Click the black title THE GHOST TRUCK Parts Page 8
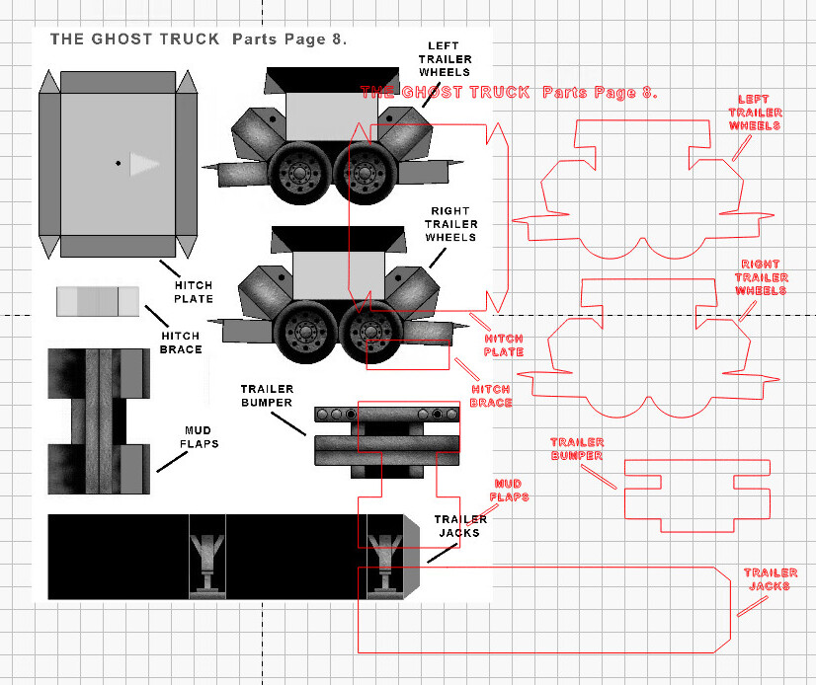click(198, 39)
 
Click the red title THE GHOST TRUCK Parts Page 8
click(509, 93)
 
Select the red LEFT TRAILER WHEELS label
click(755, 113)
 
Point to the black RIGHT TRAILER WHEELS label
click(451, 224)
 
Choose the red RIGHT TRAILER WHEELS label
click(761, 277)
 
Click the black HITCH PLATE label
click(194, 291)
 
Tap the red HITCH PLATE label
click(504, 345)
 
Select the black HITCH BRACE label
click(181, 342)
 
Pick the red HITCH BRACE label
click(491, 396)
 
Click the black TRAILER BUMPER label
click(267, 395)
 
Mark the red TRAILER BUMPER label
click(577, 449)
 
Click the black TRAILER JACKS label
click(460, 526)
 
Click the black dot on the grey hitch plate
click(118, 163)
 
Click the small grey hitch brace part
click(99, 301)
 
